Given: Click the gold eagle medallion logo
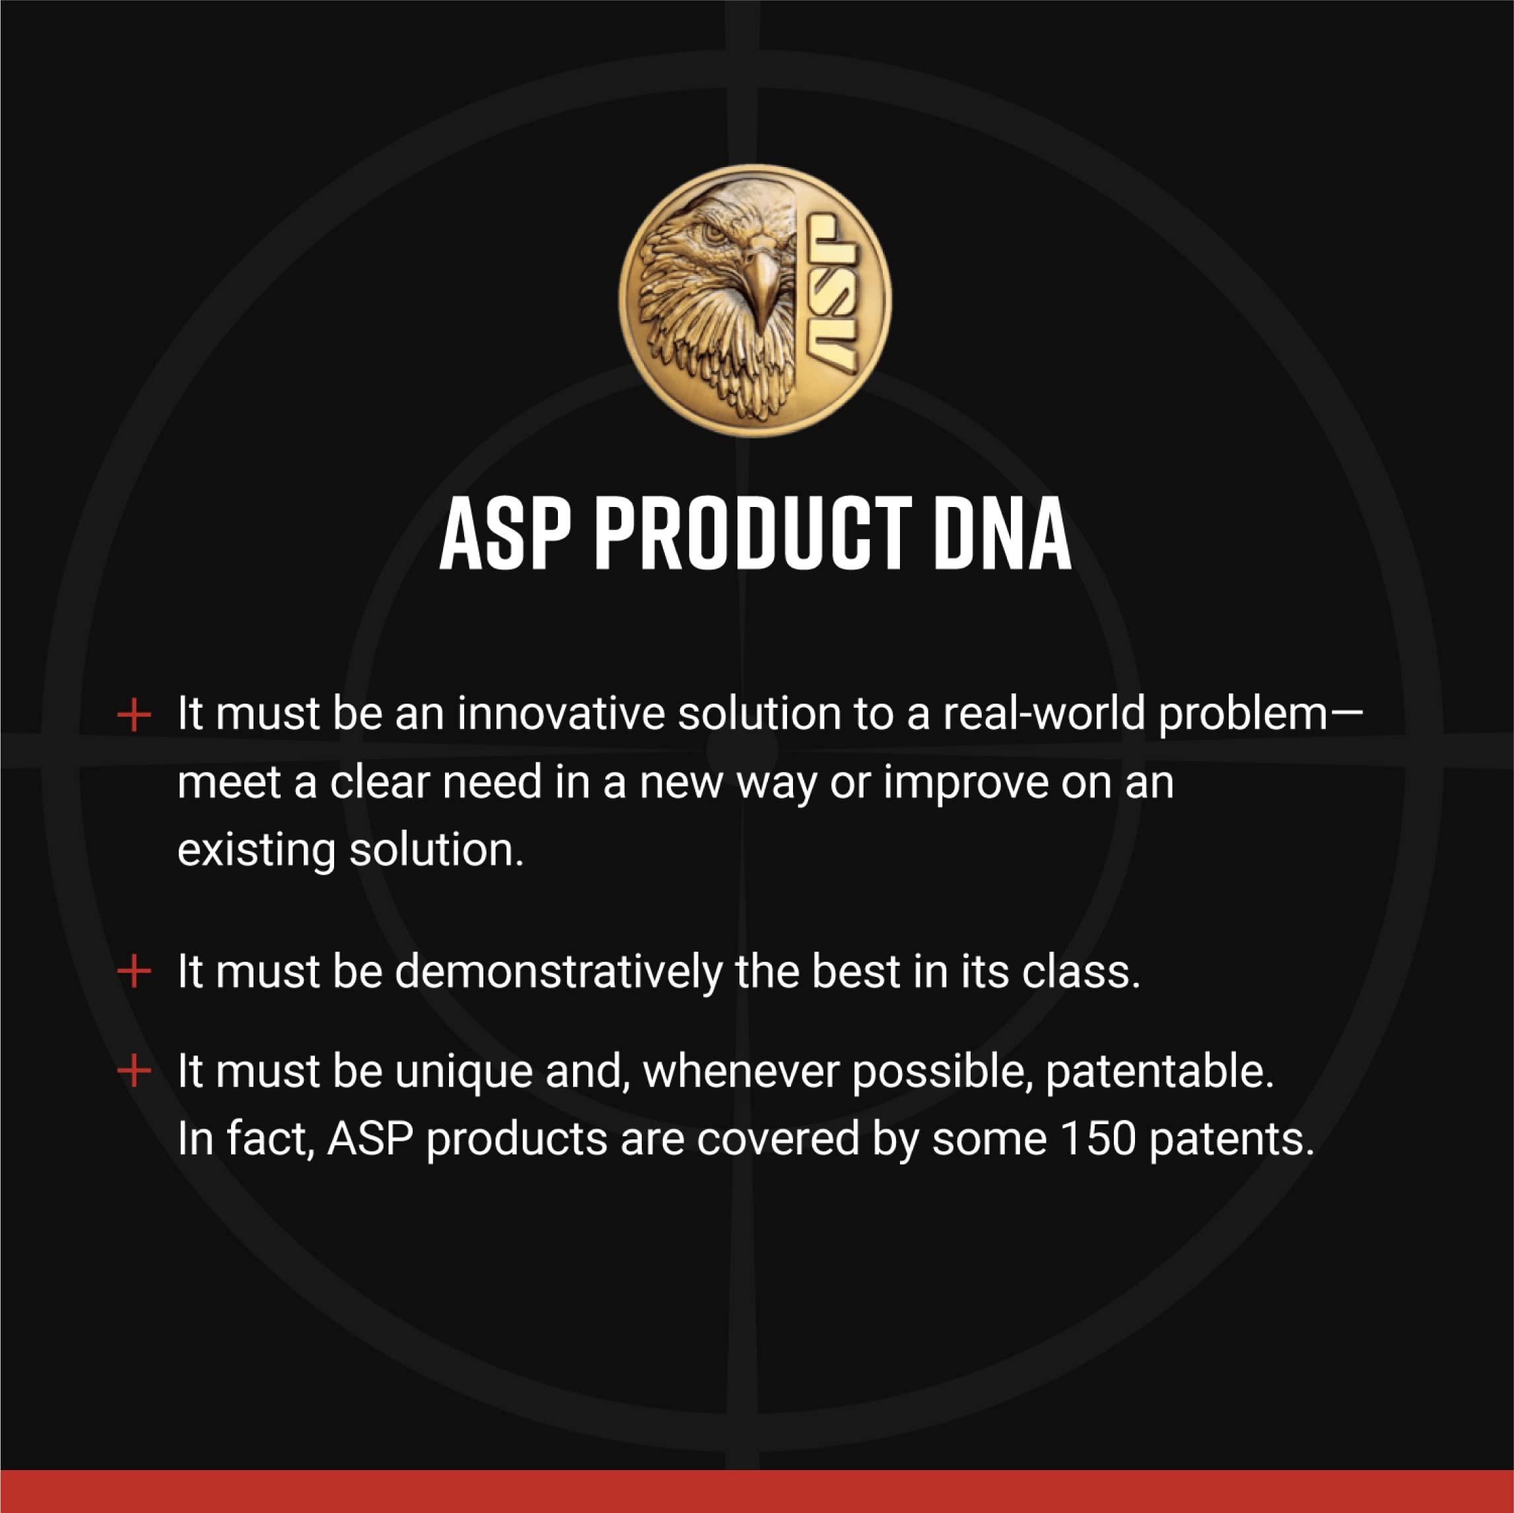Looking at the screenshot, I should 754,300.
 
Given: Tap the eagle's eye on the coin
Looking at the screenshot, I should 714,233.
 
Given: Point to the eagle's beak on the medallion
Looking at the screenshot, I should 759,282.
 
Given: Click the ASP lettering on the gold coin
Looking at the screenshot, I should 831,292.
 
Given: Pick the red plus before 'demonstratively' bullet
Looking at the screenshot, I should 134,972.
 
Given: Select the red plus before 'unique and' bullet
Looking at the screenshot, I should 134,1071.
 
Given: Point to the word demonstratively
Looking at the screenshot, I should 558,972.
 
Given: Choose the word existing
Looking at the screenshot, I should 256,850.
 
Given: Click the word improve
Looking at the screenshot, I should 965,783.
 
